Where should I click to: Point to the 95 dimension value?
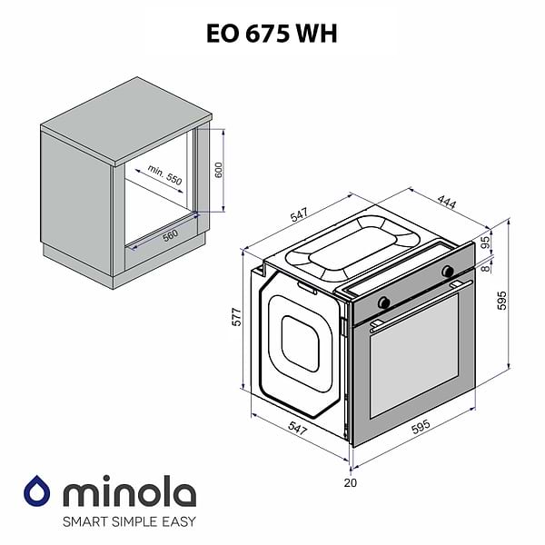click(x=486, y=243)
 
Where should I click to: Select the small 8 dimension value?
click(x=486, y=266)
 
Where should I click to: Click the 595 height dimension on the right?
click(x=516, y=300)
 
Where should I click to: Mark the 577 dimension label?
click(x=237, y=318)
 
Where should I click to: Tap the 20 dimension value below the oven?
click(x=351, y=482)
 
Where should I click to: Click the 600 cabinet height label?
click(x=218, y=170)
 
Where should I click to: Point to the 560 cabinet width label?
click(x=170, y=233)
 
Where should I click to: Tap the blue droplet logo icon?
click(x=37, y=491)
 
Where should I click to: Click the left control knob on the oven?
click(x=384, y=301)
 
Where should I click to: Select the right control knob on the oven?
click(x=447, y=271)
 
